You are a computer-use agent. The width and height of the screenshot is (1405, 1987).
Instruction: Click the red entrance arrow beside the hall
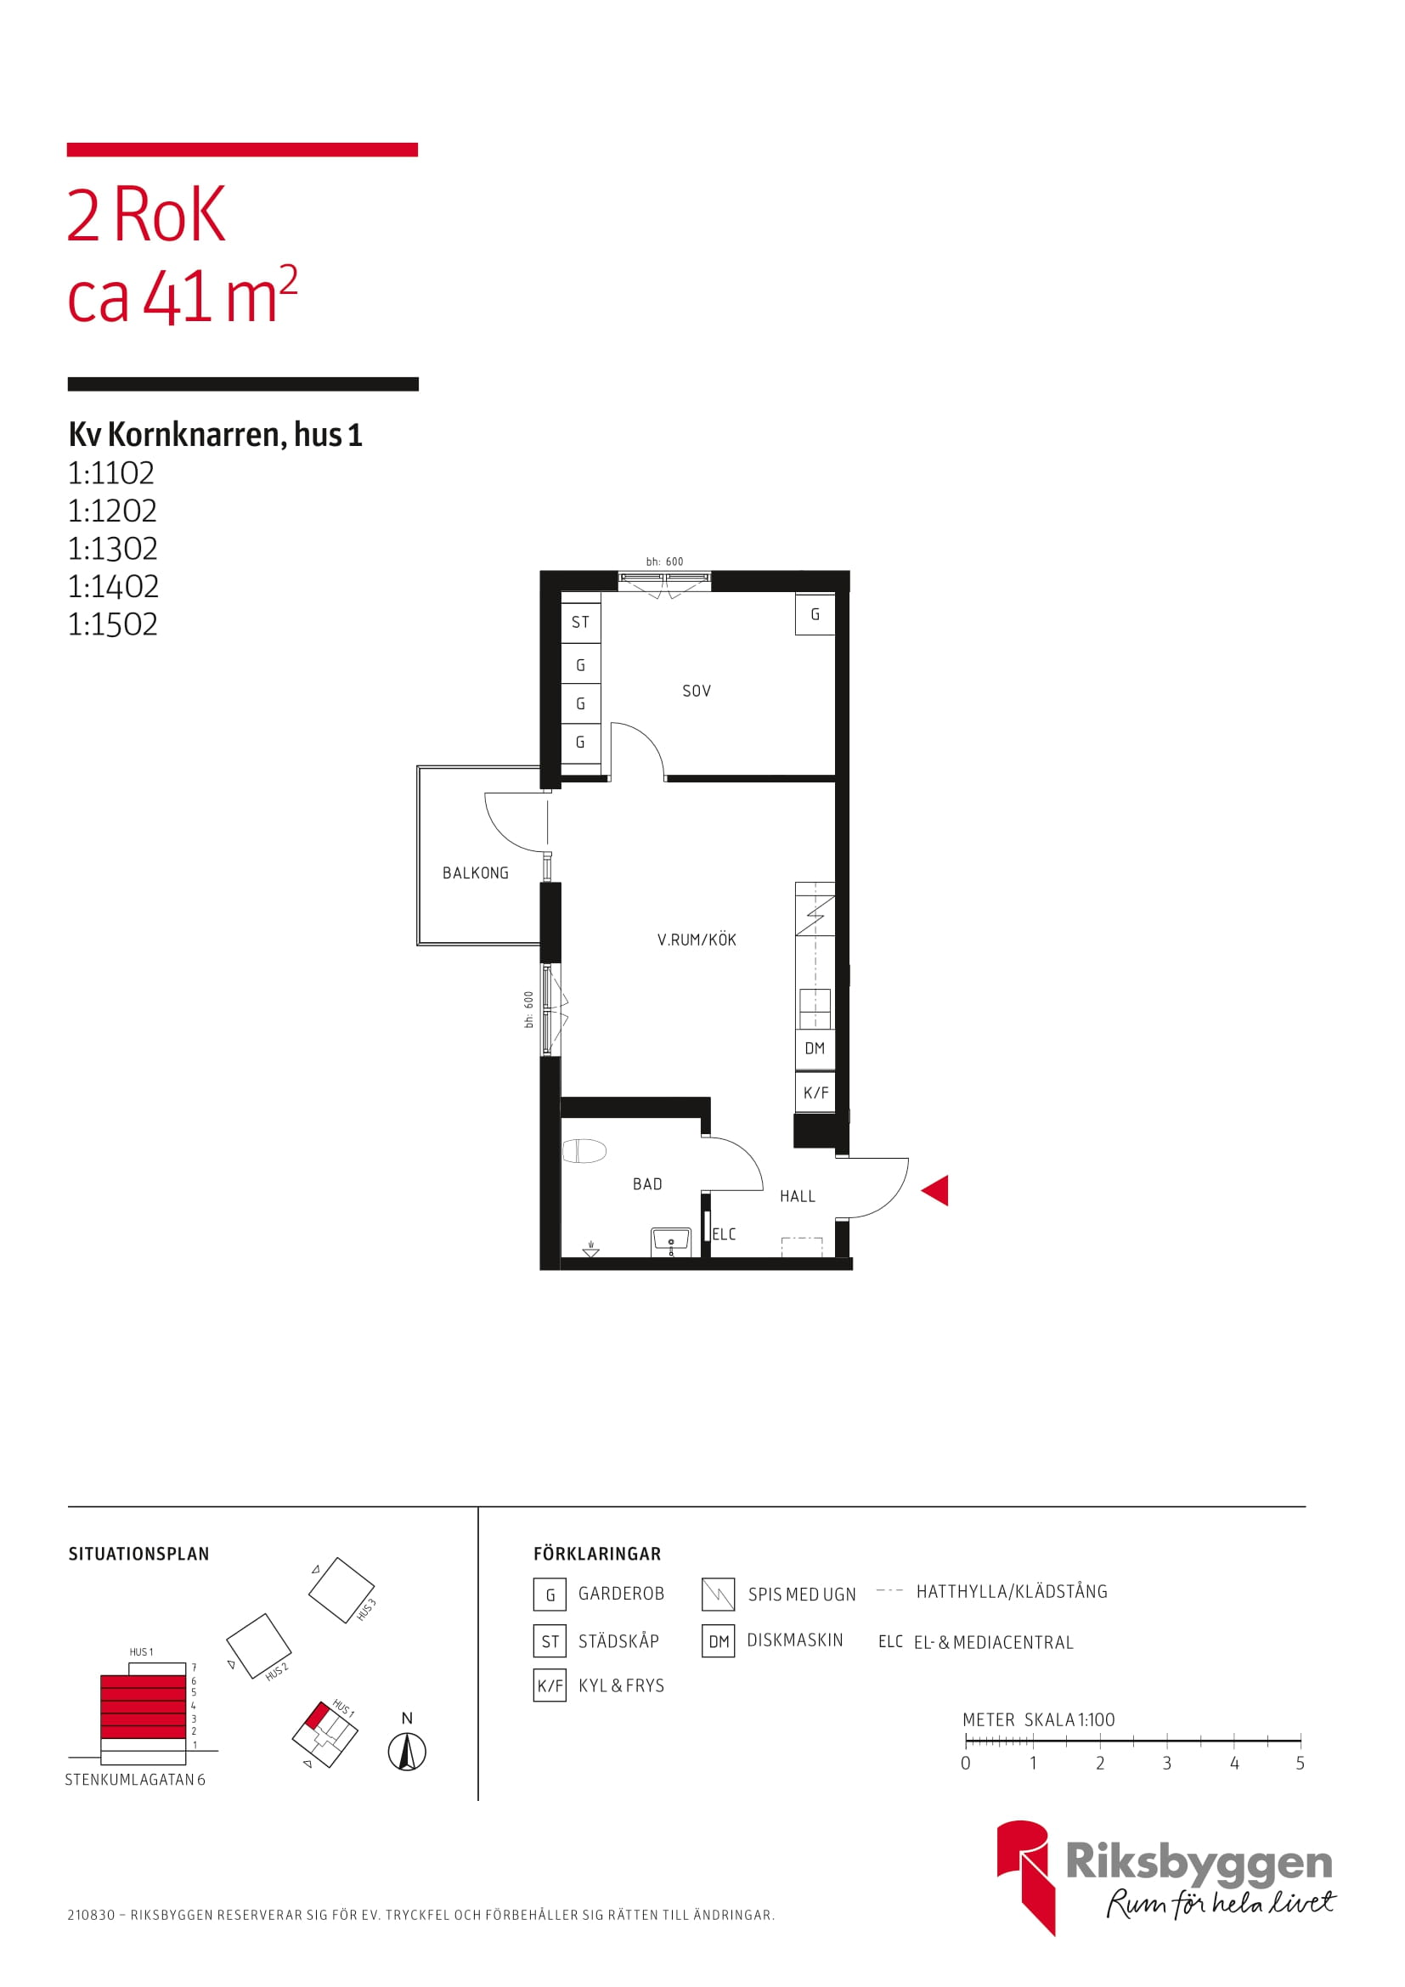click(937, 1190)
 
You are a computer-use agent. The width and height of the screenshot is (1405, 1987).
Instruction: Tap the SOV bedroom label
click(697, 691)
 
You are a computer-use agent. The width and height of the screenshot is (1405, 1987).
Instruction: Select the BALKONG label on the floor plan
click(475, 873)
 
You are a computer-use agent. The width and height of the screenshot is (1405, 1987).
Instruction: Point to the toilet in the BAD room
click(584, 1151)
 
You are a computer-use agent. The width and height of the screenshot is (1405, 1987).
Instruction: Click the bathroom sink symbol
click(670, 1242)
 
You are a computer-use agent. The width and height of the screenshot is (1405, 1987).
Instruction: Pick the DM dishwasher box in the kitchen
click(815, 1049)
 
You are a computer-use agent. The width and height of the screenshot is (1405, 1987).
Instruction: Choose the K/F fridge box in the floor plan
click(815, 1092)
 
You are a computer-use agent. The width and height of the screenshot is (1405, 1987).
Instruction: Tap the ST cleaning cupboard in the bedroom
click(580, 622)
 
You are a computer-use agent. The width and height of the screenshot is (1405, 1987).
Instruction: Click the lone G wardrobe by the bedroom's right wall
click(815, 614)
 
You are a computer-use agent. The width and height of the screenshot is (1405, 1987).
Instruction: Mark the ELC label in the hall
click(723, 1234)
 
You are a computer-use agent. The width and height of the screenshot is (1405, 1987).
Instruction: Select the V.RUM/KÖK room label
click(697, 940)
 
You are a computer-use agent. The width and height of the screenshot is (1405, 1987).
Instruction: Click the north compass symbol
click(407, 1753)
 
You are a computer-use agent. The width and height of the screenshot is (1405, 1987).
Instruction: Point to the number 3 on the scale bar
click(1166, 1764)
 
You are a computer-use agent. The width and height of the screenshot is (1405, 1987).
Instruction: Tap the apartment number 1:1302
click(112, 549)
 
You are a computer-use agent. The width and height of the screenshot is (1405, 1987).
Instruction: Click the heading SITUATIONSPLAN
click(138, 1555)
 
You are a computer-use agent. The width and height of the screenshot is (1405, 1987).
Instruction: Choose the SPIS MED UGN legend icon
click(718, 1594)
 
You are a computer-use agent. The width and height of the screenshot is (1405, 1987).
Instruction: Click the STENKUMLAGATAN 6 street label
click(135, 1780)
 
